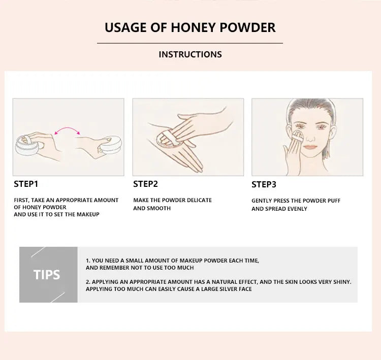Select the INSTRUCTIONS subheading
point(190,54)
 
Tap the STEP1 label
point(26,184)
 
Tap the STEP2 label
point(146,184)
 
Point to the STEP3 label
point(264,185)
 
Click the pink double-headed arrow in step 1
point(68,131)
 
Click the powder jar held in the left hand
point(23,143)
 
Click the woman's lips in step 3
point(310,147)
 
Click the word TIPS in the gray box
point(47,275)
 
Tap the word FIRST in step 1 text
point(22,201)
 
